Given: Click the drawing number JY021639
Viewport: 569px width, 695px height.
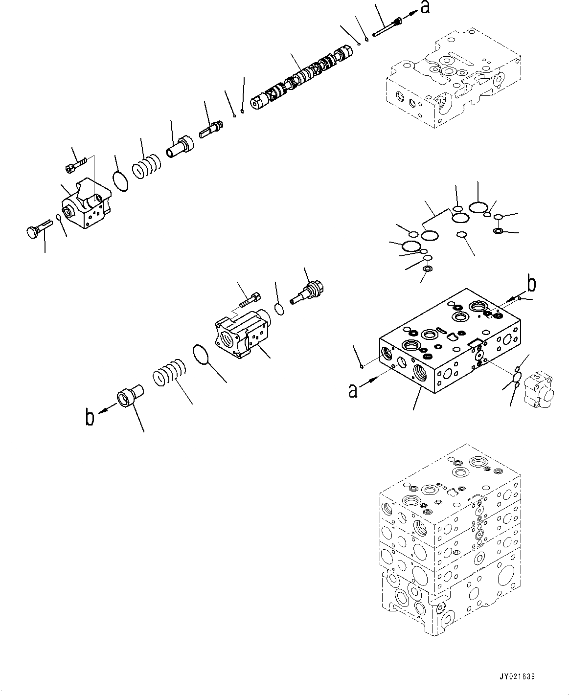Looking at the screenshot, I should (517, 677).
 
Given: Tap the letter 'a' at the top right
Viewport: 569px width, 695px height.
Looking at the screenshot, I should (425, 7).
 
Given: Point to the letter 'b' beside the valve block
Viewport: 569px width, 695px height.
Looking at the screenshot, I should (531, 284).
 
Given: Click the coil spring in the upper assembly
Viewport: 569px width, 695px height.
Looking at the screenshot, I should (146, 166).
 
